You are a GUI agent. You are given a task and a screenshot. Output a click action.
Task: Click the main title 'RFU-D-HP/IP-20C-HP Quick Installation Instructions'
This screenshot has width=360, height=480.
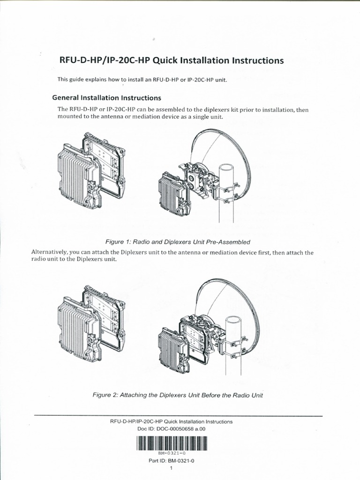coord(171,60)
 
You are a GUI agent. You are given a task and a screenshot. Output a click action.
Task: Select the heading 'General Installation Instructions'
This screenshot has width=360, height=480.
coord(107,98)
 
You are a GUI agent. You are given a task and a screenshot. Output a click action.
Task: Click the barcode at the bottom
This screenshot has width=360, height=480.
coord(172,442)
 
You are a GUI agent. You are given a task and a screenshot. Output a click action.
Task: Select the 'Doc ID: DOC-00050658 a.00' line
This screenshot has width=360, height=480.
coord(172,428)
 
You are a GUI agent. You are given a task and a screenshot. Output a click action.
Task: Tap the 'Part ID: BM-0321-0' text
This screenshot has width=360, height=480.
coord(171,461)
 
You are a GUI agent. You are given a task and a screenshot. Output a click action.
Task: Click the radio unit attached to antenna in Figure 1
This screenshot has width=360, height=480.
coord(173,195)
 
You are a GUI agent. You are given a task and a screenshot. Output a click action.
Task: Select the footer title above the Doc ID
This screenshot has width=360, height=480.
coord(171,421)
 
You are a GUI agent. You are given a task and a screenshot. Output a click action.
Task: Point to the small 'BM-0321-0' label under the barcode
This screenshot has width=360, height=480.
coord(172,453)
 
